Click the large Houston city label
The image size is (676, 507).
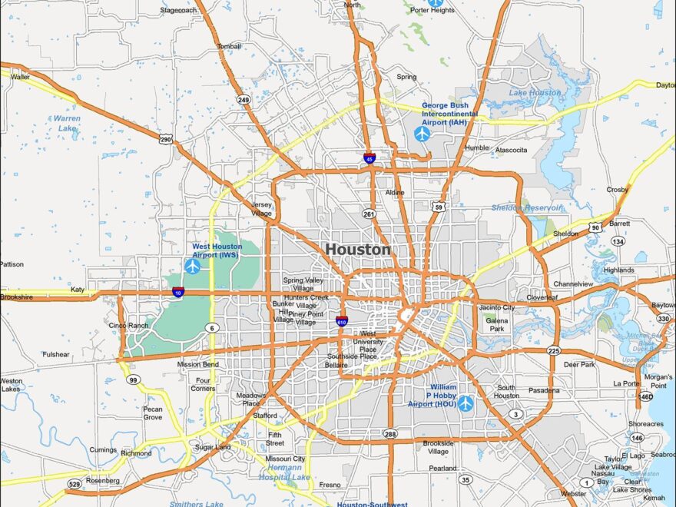(x=358, y=250)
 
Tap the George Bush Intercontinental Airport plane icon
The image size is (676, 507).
(x=422, y=134)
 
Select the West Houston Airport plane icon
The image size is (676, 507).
(x=192, y=266)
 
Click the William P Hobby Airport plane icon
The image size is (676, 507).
(x=466, y=403)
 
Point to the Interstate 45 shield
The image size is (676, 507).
(x=369, y=158)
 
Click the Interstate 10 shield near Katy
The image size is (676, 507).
(x=177, y=292)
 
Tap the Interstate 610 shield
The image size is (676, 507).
(x=341, y=321)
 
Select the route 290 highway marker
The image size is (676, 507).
(x=165, y=138)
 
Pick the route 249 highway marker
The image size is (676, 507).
(x=244, y=100)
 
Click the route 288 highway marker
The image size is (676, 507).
(x=390, y=434)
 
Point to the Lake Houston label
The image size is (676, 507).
(x=535, y=93)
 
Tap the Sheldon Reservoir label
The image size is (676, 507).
(x=526, y=207)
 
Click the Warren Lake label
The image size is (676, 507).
(x=68, y=123)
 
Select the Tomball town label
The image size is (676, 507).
(x=228, y=46)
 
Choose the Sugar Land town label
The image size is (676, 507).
(x=212, y=446)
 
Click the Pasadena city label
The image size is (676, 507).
(x=544, y=390)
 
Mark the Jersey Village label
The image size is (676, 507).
(x=261, y=209)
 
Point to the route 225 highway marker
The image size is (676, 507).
(x=554, y=350)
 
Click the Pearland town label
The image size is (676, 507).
(x=442, y=468)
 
